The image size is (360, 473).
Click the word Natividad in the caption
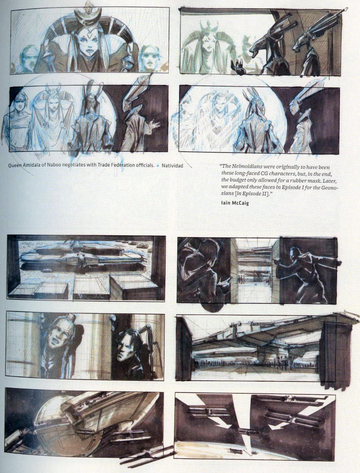click(172, 166)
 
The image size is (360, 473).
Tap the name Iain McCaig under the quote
click(235, 203)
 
